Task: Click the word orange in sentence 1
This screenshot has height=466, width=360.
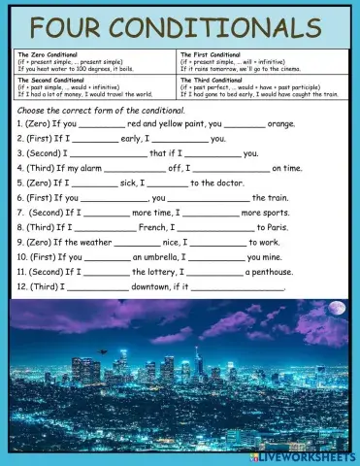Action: (281, 124)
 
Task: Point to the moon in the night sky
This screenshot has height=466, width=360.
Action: (337, 309)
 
